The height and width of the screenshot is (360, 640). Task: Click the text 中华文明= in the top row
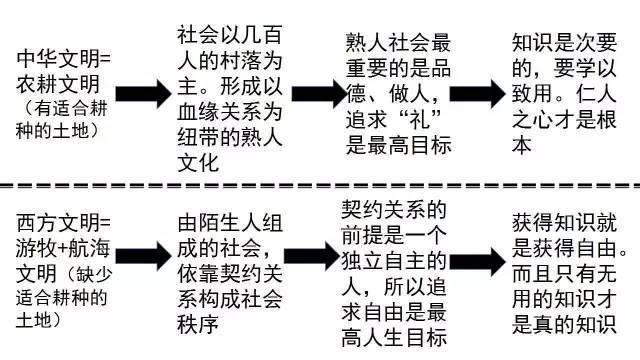(62, 59)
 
